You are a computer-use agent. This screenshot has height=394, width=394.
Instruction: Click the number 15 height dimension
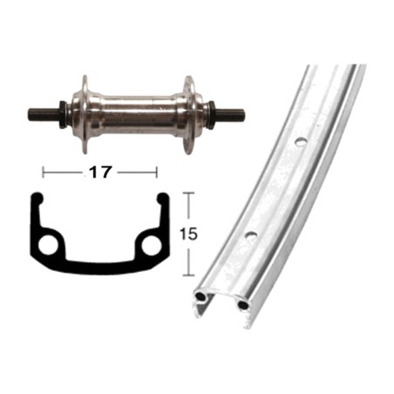pyautogui.click(x=188, y=234)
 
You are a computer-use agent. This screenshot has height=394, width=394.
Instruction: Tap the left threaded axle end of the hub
pyautogui.click(x=44, y=113)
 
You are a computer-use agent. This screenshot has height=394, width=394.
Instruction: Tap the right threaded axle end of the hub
pyautogui.click(x=229, y=113)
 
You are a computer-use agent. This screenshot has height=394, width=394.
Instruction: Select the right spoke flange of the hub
pyautogui.click(x=188, y=115)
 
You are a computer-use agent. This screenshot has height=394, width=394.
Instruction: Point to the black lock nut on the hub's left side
pyautogui.click(x=62, y=114)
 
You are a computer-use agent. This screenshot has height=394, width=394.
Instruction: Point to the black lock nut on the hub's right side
pyautogui.click(x=212, y=113)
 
